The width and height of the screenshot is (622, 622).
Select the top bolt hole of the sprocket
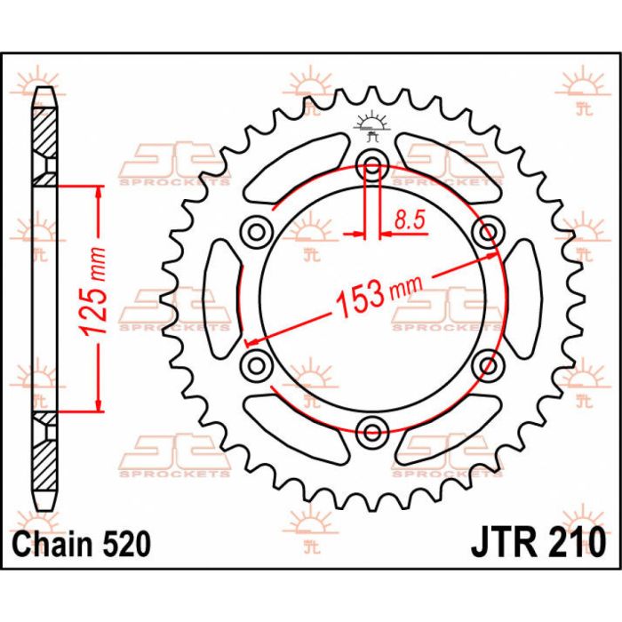[372, 163]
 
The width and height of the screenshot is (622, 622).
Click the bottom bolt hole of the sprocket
[372, 432]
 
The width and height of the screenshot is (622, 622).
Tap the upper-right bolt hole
[487, 233]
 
